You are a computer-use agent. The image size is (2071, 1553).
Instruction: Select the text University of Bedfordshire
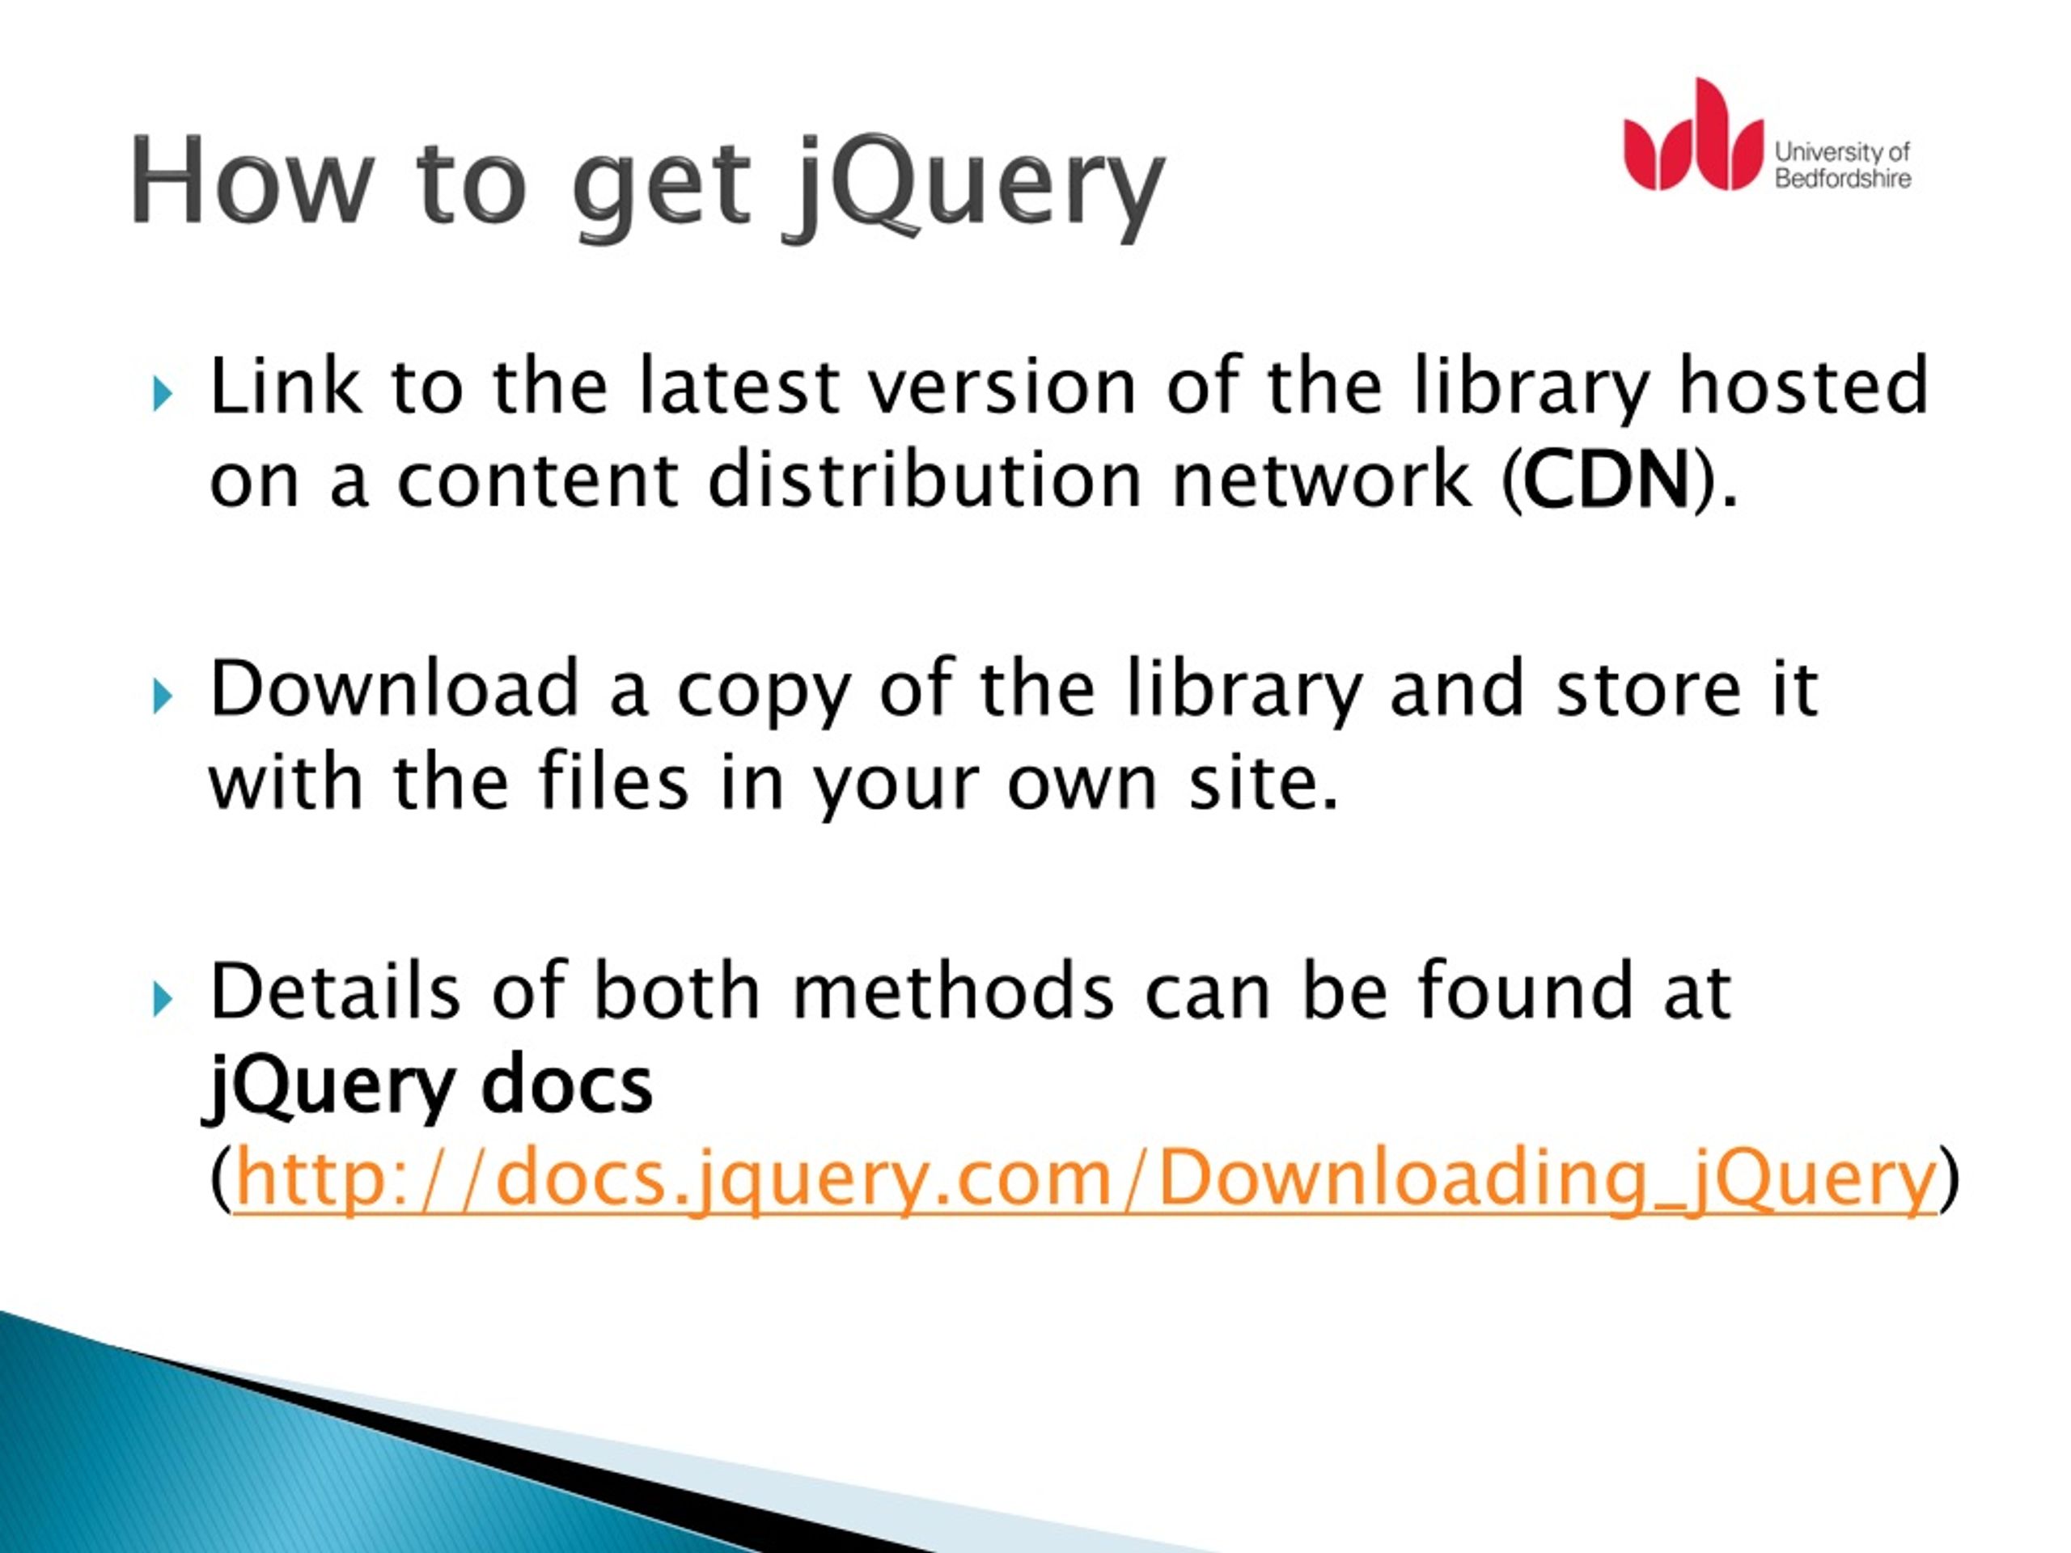click(1841, 165)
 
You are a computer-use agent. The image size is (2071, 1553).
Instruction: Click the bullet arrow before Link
click(163, 393)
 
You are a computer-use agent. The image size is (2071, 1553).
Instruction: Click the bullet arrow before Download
click(163, 696)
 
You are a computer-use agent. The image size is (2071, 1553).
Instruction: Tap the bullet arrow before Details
click(163, 999)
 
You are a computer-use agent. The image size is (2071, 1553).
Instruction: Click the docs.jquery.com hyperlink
click(1084, 1179)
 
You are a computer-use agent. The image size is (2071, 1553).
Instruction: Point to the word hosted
click(1803, 387)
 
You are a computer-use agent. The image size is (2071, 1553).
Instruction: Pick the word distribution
click(924, 480)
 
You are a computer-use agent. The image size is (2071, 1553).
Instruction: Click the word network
click(1321, 480)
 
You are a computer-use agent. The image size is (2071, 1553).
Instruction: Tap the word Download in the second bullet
click(394, 690)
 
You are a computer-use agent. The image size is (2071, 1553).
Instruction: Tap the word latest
click(739, 387)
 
